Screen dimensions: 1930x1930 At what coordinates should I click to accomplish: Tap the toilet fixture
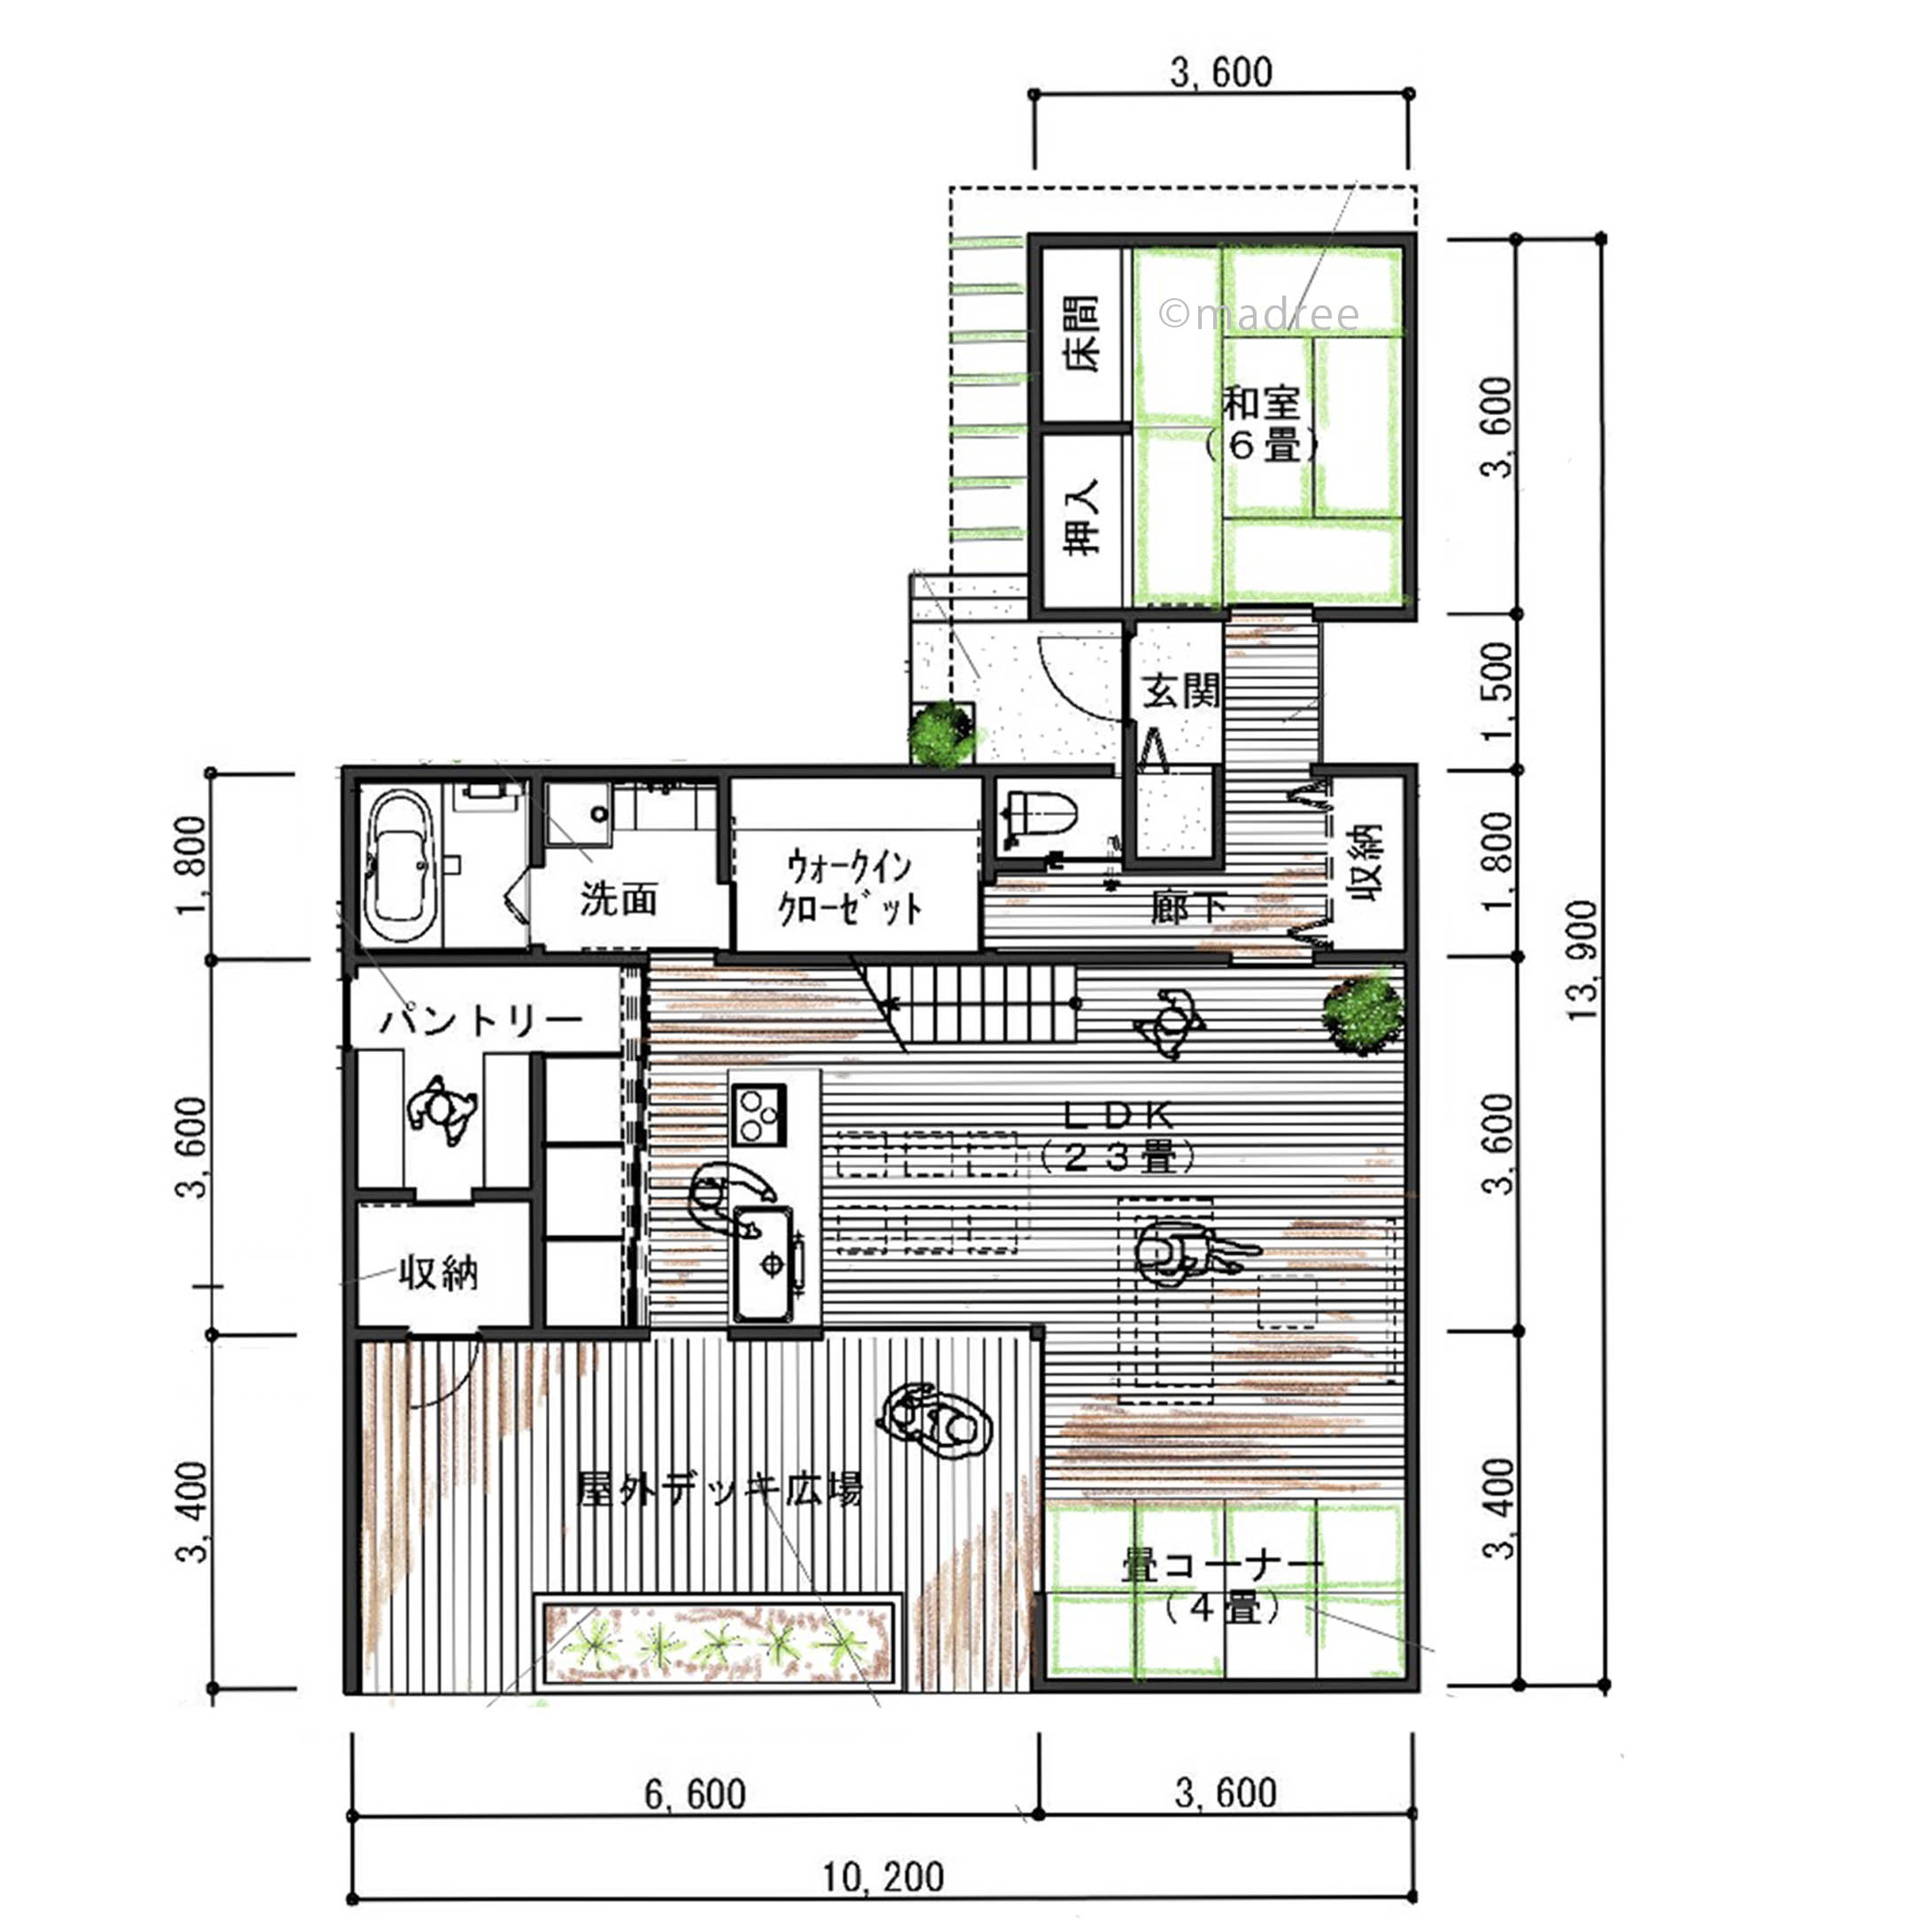coord(1040,814)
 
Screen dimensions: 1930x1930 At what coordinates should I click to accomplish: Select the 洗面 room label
coord(619,899)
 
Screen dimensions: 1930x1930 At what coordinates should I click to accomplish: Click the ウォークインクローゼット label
coord(850,885)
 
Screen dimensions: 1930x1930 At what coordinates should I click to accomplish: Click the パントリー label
coord(481,1020)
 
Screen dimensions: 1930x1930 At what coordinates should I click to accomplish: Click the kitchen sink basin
coord(765,1262)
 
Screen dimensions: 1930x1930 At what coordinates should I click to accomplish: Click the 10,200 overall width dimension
coord(883,1877)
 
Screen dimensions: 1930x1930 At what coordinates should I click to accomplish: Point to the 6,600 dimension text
coord(696,1794)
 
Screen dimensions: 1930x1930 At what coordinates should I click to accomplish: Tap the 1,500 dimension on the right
coord(1498,691)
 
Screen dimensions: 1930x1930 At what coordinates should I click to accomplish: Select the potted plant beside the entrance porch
coord(941,732)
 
